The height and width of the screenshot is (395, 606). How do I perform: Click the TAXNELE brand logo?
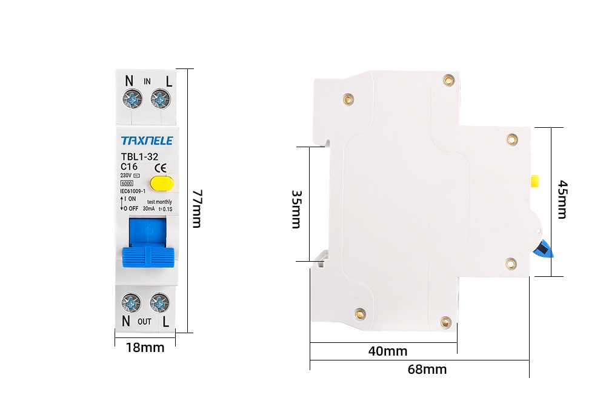coord(147,141)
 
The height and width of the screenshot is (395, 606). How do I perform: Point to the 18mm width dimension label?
coord(145,348)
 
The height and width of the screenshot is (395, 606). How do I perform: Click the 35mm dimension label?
coord(296,209)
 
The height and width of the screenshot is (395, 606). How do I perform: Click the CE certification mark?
coord(162,168)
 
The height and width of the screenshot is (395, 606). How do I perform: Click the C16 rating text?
coord(129,167)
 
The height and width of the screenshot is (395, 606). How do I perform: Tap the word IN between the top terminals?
coord(147,82)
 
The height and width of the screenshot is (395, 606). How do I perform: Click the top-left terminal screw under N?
coord(131,98)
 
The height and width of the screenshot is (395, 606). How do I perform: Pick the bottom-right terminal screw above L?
coord(159,302)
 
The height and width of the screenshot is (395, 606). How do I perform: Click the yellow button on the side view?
coord(535,181)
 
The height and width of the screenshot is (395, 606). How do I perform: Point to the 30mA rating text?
coord(149,209)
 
